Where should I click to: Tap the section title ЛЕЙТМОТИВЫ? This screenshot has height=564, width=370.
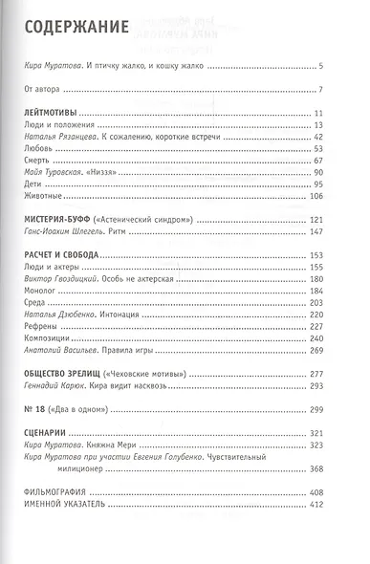pyautogui.click(x=54, y=114)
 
